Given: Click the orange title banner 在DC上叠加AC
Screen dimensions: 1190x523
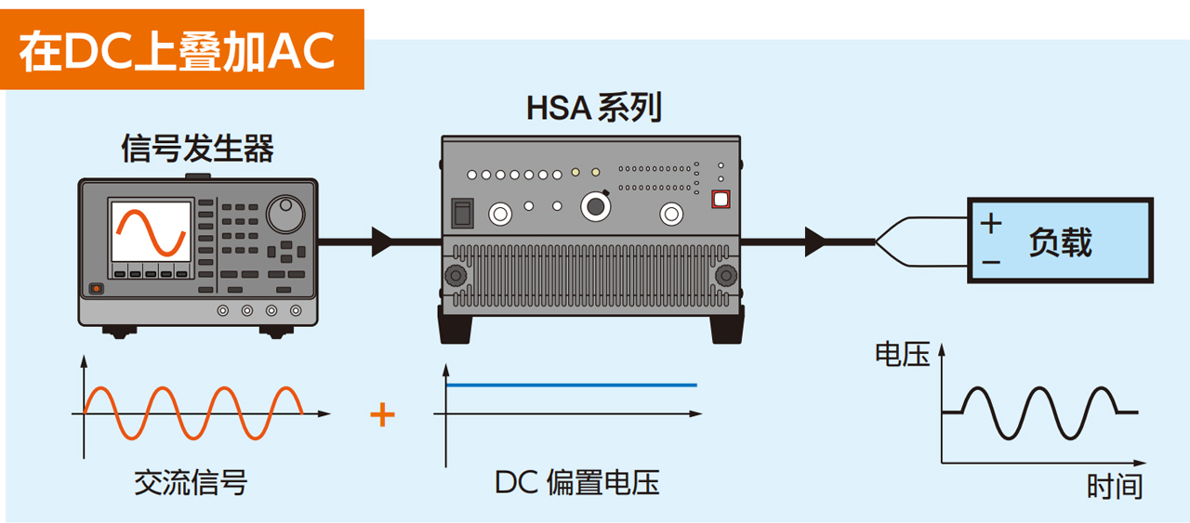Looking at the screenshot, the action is coord(181,49).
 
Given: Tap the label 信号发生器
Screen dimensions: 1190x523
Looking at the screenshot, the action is coord(198,148).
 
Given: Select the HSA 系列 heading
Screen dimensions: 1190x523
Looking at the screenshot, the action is coord(593,108).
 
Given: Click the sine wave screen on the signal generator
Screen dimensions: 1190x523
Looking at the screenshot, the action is coord(151,231).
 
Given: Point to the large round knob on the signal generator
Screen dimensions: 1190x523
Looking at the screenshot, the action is coord(285,214).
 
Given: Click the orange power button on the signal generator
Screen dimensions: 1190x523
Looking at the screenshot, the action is coord(96,288).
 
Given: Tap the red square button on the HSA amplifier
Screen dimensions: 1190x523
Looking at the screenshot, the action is coord(721,199).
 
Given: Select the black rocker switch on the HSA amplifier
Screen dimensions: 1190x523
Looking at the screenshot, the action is coord(462,214).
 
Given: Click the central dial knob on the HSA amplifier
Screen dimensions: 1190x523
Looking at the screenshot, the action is coord(596,206).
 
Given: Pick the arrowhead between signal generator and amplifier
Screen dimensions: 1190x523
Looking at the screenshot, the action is coord(382,242).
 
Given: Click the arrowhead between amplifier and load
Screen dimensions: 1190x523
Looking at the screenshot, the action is coord(815,242).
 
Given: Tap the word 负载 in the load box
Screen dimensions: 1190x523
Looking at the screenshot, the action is coord(1061,242).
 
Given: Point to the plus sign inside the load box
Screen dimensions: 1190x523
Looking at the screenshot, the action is coord(991,223).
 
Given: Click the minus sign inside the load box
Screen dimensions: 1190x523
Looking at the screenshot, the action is coord(991,262).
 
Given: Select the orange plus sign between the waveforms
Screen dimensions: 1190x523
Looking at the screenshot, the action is coord(382,414).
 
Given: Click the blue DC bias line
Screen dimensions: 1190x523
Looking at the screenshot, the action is coord(572,385).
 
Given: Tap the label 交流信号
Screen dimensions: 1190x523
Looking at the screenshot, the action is coord(191,483).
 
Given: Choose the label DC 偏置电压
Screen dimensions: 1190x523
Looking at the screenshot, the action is coord(577,482).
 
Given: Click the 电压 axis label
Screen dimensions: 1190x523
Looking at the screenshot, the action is coord(902,354).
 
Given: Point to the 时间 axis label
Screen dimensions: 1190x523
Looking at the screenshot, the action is coord(1114,487).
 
